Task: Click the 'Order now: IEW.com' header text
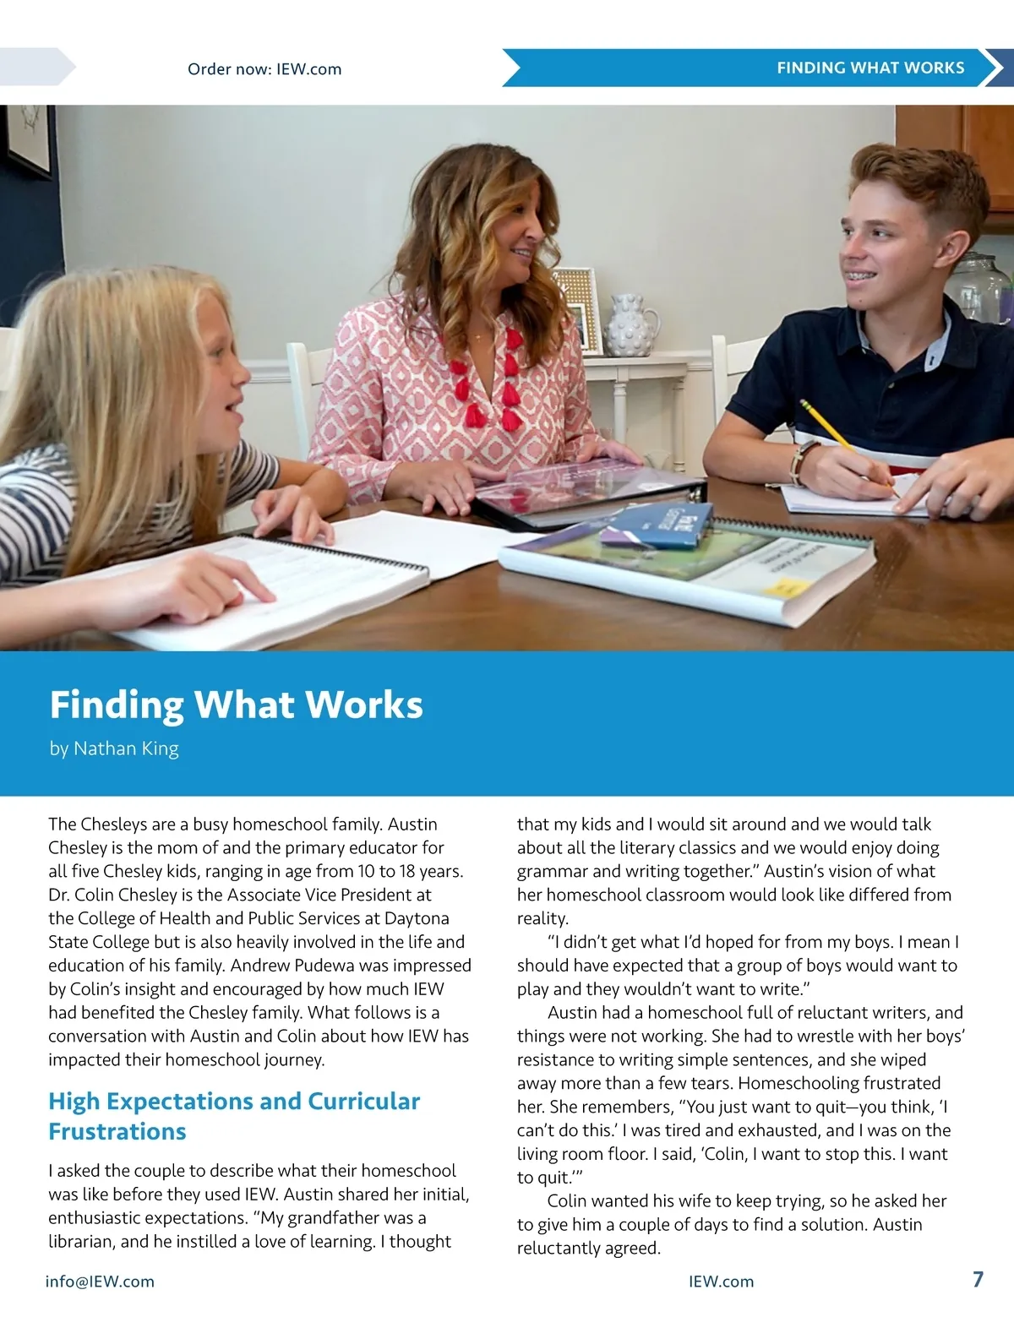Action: click(x=264, y=69)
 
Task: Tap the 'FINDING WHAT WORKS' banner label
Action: click(x=870, y=68)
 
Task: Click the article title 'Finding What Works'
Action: click(x=236, y=705)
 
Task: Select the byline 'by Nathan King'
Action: click(x=114, y=748)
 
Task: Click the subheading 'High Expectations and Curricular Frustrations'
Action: click(x=233, y=1116)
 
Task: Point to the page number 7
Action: click(x=978, y=1279)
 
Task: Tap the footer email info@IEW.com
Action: click(x=100, y=1282)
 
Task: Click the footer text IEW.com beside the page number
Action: click(x=721, y=1282)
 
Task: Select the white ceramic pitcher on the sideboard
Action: click(x=630, y=325)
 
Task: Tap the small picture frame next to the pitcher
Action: click(x=577, y=309)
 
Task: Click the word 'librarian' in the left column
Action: click(x=82, y=1242)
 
